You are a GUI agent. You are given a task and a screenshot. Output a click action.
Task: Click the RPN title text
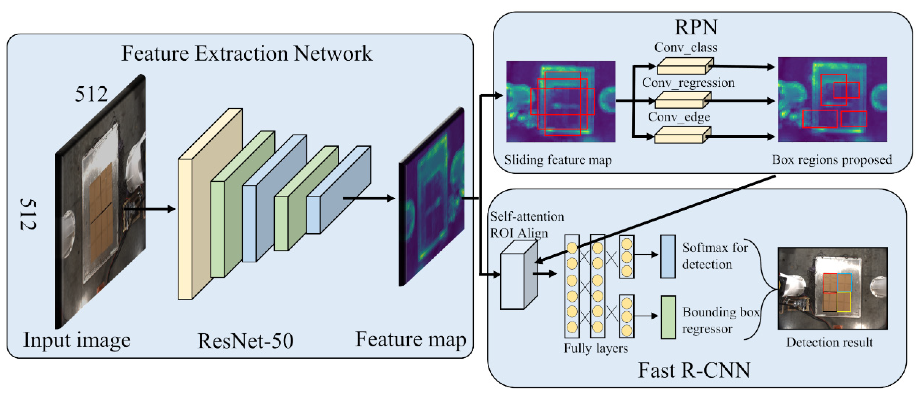[696, 27]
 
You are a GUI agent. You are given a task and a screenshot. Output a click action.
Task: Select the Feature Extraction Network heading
[247, 54]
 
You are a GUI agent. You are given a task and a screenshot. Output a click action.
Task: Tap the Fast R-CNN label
[693, 370]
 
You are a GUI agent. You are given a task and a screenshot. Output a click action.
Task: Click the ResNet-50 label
[245, 341]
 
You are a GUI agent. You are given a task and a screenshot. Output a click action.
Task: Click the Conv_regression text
[688, 83]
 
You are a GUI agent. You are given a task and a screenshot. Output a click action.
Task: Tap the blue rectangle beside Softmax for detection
[668, 256]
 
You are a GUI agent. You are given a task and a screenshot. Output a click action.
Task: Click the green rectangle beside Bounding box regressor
[668, 317]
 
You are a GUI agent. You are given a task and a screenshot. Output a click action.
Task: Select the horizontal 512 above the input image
[91, 95]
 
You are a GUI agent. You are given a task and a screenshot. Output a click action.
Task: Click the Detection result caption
[829, 342]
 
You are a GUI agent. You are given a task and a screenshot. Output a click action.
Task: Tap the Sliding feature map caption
[558, 160]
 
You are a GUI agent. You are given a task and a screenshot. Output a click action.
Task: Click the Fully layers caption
[596, 348]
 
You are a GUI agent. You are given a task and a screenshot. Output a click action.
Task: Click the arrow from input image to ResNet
[149, 209]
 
